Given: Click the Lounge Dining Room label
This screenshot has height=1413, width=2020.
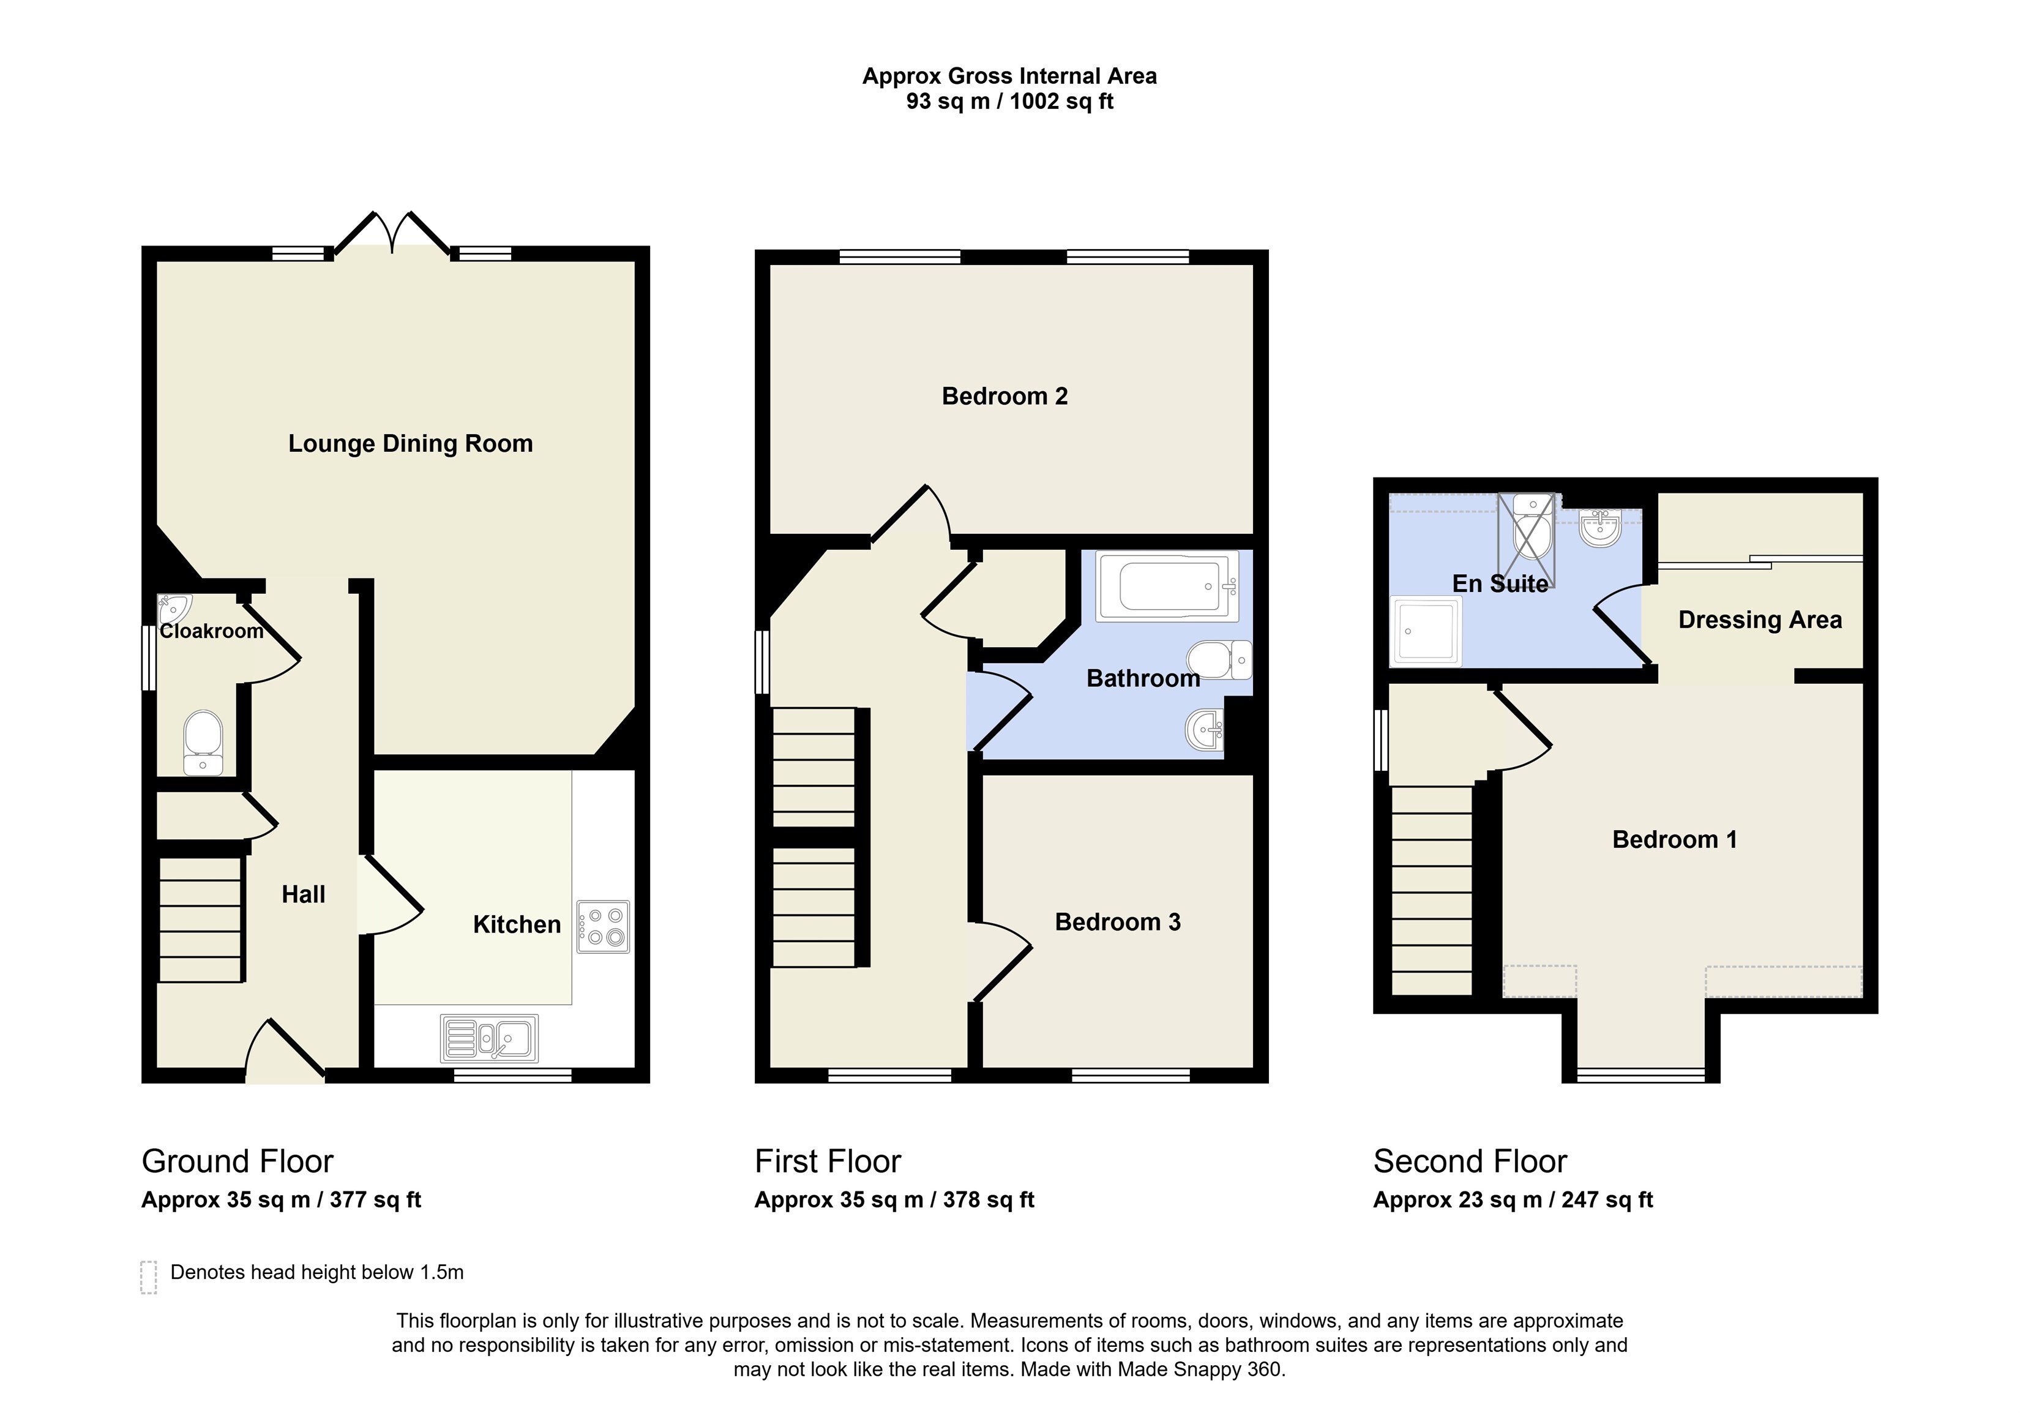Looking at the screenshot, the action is [x=410, y=443].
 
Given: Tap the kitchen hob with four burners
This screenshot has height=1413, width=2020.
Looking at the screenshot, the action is [x=604, y=928].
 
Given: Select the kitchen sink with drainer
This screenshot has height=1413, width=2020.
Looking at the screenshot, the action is [x=489, y=1038].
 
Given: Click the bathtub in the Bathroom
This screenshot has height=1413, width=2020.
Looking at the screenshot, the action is [x=1167, y=586].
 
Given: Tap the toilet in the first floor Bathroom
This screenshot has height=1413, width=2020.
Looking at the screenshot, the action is [x=1219, y=660].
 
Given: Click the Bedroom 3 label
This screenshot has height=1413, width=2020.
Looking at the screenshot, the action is [x=1117, y=922].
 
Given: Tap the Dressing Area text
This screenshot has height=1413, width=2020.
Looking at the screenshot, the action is [x=1760, y=620].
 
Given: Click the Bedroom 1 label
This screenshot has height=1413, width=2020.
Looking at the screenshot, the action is [x=1674, y=839].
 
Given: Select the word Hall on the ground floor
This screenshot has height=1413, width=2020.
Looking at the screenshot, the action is [x=304, y=895].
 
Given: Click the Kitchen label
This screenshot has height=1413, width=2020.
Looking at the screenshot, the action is [x=517, y=924].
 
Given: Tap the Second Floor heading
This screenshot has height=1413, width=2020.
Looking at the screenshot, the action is [x=1470, y=1161].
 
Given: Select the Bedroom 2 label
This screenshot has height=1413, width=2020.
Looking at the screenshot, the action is [x=1004, y=396].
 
